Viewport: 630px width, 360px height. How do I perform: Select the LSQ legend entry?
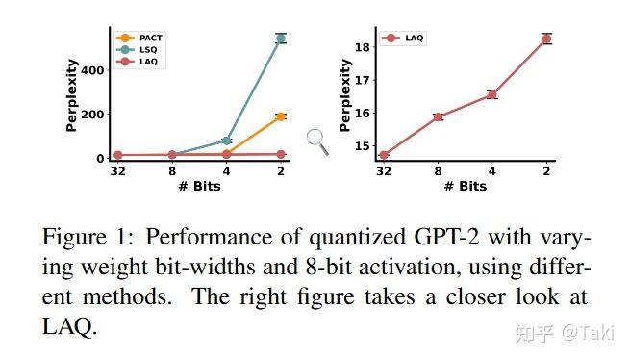[x=139, y=49]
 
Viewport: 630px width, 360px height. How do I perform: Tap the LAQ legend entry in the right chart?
[x=404, y=39]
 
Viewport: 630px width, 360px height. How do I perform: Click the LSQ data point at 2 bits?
[x=281, y=39]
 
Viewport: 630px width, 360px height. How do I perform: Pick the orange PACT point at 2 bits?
[x=281, y=116]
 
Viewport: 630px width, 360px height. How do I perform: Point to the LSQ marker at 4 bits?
[x=227, y=141]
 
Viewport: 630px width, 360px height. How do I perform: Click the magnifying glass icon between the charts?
[x=317, y=141]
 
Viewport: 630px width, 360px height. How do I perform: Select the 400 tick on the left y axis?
[x=92, y=70]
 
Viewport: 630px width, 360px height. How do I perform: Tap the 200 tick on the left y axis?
[x=92, y=115]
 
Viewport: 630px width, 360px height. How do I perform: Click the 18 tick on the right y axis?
[x=362, y=47]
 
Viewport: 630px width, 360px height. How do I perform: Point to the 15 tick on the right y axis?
[x=362, y=146]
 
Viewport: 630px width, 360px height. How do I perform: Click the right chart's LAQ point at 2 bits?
[x=546, y=39]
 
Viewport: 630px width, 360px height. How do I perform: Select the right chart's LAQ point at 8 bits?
[x=438, y=116]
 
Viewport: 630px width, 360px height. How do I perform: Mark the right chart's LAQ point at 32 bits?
[x=384, y=155]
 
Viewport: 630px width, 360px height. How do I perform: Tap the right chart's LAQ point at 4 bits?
[x=491, y=94]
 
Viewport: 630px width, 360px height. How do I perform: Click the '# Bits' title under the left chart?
[x=198, y=186]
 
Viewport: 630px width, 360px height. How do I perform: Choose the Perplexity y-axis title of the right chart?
[x=344, y=94]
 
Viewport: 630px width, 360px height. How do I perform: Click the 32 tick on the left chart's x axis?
[x=117, y=173]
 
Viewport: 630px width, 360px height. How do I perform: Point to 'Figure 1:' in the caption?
[x=91, y=238]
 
